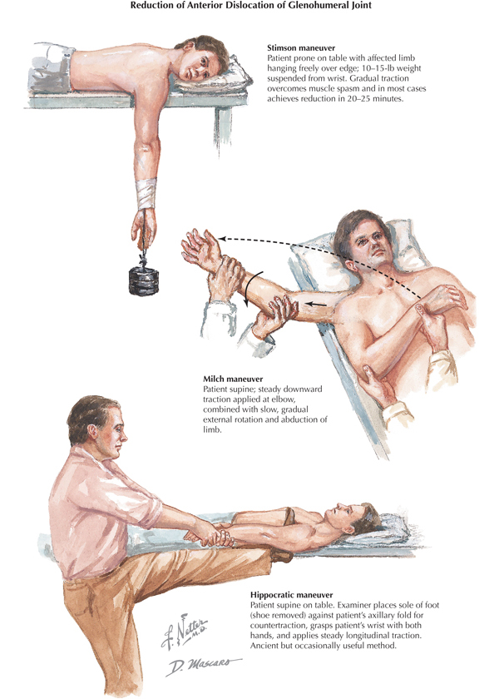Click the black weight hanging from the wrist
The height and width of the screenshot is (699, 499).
pos(143,280)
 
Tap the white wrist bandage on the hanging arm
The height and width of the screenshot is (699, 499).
pos(146,192)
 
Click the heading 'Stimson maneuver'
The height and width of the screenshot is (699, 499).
pos(301,47)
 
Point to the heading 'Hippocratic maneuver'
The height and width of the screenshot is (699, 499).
pos(291,595)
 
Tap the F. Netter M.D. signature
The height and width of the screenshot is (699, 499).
pos(184,631)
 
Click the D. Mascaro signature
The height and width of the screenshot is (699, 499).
pos(203,666)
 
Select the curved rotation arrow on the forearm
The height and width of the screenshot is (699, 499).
pos(253,288)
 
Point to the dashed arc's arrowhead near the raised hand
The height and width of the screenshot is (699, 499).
pos(222,240)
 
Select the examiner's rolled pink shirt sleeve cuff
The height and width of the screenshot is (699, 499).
pos(149,507)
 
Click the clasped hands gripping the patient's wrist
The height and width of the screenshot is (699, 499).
pos(210,533)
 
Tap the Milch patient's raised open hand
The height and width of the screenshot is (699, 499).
pos(199,245)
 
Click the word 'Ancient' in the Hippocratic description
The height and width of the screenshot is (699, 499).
pos(264,645)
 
